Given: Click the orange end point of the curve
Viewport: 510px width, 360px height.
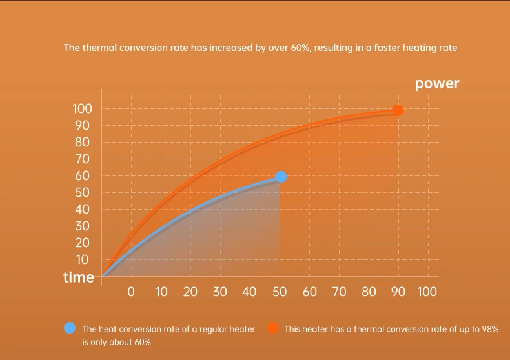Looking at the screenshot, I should tap(398, 110).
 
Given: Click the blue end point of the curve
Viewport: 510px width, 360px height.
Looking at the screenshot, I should tap(281, 177).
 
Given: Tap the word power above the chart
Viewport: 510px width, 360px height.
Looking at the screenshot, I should tap(437, 83).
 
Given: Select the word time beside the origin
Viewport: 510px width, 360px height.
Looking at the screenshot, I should tap(78, 277).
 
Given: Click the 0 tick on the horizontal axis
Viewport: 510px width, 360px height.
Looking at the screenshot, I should tap(131, 292).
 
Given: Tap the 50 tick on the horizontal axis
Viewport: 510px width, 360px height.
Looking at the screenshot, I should tap(280, 292).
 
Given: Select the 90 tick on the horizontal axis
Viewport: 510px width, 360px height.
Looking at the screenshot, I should tap(398, 292).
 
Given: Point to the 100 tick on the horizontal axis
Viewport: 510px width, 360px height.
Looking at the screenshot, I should tap(427, 292).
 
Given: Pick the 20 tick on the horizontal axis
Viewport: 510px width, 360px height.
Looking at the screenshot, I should tap(190, 292).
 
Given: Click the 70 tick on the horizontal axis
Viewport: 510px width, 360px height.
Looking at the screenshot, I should tap(339, 292).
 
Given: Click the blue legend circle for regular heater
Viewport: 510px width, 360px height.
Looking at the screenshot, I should tap(70, 328).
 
